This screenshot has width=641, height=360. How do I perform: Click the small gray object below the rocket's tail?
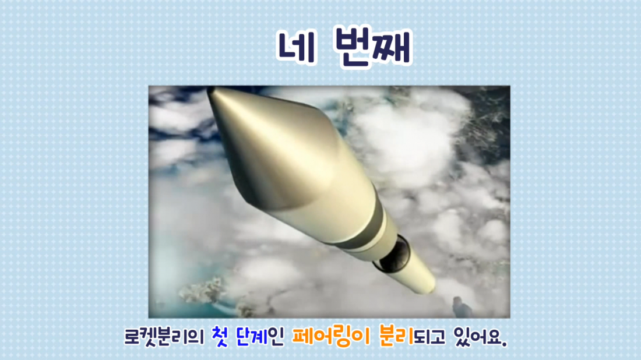pos(461,308)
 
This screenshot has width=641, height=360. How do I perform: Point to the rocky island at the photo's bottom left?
pos(202,291)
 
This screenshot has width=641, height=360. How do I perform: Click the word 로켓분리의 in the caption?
pos(164,337)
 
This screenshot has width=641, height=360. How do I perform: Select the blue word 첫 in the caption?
pos(220,337)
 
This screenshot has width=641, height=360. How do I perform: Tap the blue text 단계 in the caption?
pos(252,337)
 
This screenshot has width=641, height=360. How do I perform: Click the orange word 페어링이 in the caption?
pos(331,337)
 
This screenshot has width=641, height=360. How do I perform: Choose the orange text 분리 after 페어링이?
pos(396,336)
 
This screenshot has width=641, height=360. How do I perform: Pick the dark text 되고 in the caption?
pos(429,337)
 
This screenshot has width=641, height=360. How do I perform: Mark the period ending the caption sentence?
pos(505,344)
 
